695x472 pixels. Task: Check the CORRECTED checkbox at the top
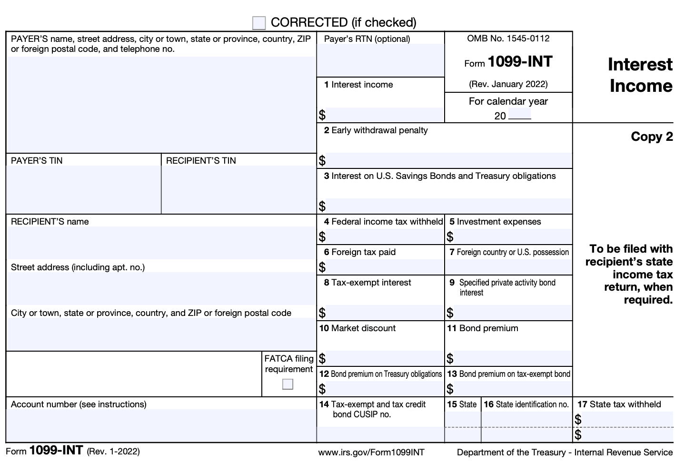pos(259,23)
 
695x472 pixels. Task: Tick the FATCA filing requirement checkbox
pos(288,384)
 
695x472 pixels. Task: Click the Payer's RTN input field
pos(380,60)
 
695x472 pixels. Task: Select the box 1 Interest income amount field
pos(384,115)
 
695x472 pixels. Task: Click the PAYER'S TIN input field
pos(84,189)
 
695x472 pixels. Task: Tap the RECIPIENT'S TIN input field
pos(238,189)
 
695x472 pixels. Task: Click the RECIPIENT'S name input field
pos(161,243)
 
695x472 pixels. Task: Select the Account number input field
pos(161,425)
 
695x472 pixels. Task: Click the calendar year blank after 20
pos(519,115)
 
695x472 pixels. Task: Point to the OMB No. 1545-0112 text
pos(508,39)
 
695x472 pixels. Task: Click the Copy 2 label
pos(652,137)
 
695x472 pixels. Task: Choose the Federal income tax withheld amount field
pos(384,236)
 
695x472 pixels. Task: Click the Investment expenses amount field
pos(512,236)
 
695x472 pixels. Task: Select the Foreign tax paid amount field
pos(384,267)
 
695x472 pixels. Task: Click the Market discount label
pos(357,328)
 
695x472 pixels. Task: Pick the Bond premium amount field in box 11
pos(512,358)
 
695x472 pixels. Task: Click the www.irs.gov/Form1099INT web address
pos(371,452)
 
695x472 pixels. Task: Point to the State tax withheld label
pos(619,404)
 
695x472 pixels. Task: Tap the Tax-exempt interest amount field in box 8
pos(384,313)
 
